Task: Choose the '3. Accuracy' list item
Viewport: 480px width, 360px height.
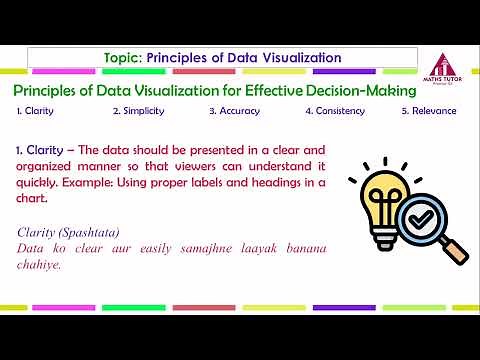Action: click(233, 111)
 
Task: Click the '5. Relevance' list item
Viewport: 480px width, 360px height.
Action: click(428, 111)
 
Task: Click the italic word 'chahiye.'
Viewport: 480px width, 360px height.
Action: click(40, 265)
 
